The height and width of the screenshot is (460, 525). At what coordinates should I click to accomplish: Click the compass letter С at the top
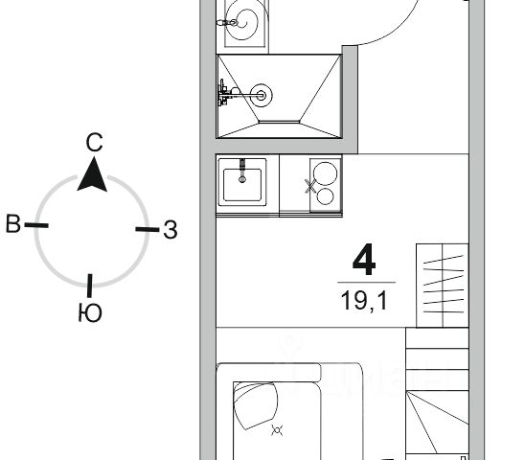tap(94, 143)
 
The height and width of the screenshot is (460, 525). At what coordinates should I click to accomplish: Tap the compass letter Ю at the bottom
tap(90, 313)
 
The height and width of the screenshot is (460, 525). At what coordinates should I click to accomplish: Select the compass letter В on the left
tap(13, 224)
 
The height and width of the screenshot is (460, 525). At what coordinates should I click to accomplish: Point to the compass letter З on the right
tap(171, 230)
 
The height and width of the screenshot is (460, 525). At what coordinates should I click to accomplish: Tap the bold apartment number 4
tap(364, 260)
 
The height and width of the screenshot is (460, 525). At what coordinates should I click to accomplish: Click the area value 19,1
tap(364, 301)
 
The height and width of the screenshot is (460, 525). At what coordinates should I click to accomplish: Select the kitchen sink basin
tap(242, 185)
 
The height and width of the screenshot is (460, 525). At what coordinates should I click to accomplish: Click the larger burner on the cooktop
tap(325, 173)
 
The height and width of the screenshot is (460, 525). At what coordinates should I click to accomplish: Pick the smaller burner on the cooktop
tap(325, 196)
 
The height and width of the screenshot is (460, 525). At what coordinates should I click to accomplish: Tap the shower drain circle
tap(262, 96)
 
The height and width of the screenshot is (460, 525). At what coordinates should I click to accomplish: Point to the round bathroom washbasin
tap(243, 20)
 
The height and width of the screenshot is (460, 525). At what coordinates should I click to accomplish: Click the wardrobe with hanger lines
tap(442, 286)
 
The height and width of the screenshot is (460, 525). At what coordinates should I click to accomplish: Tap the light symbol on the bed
tap(277, 430)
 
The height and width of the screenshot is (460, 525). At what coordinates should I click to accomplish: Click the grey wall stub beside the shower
tap(350, 100)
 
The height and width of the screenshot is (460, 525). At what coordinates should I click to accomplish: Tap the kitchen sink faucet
tap(242, 171)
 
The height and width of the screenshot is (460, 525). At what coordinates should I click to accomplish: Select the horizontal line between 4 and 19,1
tap(366, 283)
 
